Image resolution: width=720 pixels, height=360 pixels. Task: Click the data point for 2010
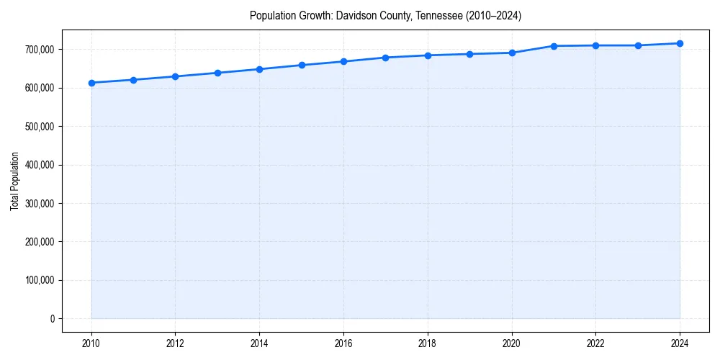coord(91,83)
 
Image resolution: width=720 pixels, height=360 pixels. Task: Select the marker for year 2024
coord(680,43)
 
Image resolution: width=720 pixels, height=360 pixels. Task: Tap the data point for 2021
coord(554,46)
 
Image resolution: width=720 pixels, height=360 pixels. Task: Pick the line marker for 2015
coord(302,65)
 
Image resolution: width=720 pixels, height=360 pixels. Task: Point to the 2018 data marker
coord(428,55)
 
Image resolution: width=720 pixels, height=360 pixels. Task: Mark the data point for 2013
coord(217,73)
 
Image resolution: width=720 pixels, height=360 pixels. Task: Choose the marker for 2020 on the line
coord(512,53)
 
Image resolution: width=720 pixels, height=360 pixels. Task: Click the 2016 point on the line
coord(343,61)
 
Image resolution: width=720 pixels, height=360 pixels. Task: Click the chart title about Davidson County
coord(385,16)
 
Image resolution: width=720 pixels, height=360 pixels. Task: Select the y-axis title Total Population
coord(14,181)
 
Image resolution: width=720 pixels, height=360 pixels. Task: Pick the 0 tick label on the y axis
coord(52,319)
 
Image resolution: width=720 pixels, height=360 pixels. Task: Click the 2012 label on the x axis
coord(176,343)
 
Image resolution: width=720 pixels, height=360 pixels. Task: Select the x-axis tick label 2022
coord(595,343)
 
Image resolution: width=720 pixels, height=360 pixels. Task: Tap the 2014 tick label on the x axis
coord(260,343)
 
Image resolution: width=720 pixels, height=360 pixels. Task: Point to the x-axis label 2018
coord(428,343)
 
